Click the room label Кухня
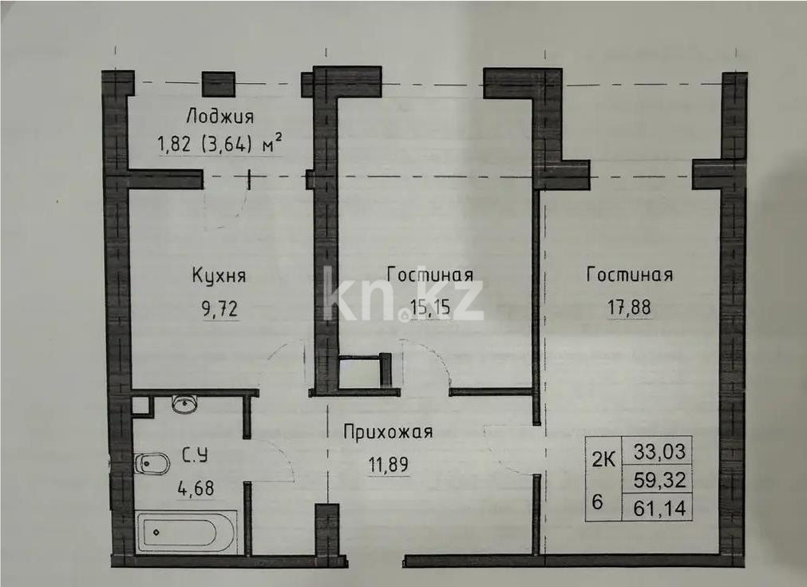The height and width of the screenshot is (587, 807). (219, 276)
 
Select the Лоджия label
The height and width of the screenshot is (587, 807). (220, 117)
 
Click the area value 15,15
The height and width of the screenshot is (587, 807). (430, 307)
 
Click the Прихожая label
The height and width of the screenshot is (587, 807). (388, 432)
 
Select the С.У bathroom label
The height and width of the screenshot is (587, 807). (197, 456)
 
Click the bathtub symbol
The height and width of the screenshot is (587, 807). (186, 530)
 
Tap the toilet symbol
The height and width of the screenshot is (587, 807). (152, 463)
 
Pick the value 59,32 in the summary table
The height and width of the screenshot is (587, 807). (660, 480)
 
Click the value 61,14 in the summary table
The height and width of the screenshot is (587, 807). (660, 508)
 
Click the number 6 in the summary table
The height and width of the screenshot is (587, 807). (597, 502)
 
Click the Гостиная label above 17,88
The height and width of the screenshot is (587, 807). (629, 275)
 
